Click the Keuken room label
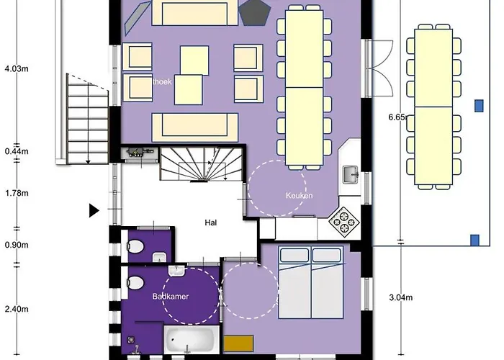(x=297, y=195)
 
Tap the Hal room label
(x=211, y=222)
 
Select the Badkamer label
(x=170, y=296)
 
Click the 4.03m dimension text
(x=16, y=69)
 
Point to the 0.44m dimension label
(x=16, y=151)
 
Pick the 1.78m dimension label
(x=16, y=193)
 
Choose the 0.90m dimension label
(x=16, y=245)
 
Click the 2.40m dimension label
(x=16, y=310)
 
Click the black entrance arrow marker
(x=94, y=211)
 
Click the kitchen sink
(x=351, y=174)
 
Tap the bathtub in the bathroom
(x=190, y=339)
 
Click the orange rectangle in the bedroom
(x=238, y=343)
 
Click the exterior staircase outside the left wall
(x=86, y=119)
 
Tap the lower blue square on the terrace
(x=474, y=239)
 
